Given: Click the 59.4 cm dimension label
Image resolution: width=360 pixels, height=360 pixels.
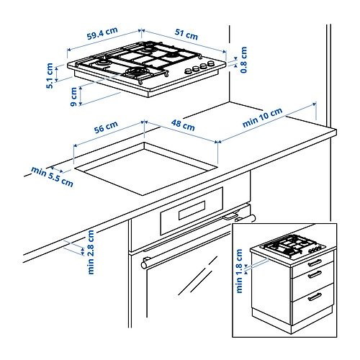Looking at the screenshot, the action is point(102,33).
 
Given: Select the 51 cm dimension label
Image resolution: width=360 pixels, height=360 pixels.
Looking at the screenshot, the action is point(186,35).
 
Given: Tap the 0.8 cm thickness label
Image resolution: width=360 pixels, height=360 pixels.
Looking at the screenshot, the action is point(243,60).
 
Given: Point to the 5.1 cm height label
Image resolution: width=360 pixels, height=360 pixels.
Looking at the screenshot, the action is point(50,76).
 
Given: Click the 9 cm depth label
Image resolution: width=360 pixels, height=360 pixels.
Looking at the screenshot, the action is point(74,96).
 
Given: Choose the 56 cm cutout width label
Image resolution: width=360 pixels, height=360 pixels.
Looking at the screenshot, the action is point(106,127).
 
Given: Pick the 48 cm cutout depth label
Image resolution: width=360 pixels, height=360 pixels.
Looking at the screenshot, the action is point(183,125).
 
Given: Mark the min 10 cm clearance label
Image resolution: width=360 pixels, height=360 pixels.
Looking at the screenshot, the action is point(262,117).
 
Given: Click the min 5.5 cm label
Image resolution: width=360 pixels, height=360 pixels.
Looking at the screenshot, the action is point(52,176).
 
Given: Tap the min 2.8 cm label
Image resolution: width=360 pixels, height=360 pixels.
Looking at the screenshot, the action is point(91,252).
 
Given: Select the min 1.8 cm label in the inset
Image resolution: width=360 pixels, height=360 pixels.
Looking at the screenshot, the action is point(239,271).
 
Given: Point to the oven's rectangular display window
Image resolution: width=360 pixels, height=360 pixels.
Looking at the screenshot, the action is point(192,210).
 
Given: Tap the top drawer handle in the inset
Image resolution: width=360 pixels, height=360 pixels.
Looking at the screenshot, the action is point(315,263).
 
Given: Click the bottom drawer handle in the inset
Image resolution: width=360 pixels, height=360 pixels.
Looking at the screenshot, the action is point(315,297).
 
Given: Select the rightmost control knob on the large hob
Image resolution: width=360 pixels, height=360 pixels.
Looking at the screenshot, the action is point(211,63).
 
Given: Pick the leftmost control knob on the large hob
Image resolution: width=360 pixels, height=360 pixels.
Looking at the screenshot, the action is point(188,71).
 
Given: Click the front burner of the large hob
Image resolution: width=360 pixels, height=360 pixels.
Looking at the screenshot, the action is point(135,72).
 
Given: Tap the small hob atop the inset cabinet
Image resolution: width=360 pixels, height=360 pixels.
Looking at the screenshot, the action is point(293,247).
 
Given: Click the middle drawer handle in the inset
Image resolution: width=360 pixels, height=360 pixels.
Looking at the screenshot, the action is point(315,274).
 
